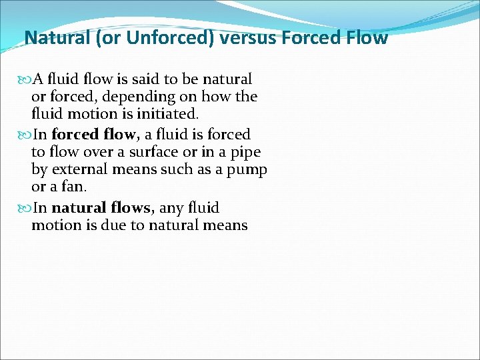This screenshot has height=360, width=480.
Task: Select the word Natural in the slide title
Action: click(x=57, y=37)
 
